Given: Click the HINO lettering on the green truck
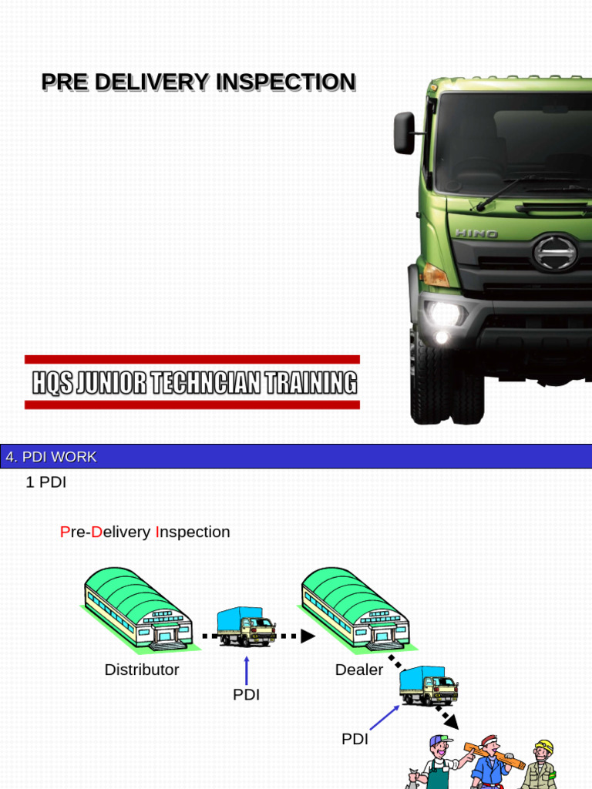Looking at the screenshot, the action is click(x=476, y=233).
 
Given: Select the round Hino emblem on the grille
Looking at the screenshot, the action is click(x=555, y=252).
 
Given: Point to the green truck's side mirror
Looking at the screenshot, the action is click(x=405, y=133).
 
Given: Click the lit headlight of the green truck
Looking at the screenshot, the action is click(x=445, y=313).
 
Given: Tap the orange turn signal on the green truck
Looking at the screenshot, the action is click(x=435, y=275).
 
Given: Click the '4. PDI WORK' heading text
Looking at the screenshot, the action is click(x=51, y=457).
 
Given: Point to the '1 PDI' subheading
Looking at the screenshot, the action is click(x=46, y=483).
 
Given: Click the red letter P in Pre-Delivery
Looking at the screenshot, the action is click(x=65, y=532).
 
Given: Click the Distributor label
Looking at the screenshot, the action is click(x=142, y=670).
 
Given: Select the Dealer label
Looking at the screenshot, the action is click(x=359, y=670).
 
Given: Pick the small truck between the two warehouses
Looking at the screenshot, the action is click(x=246, y=626).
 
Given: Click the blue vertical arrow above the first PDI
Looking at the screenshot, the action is click(x=247, y=670).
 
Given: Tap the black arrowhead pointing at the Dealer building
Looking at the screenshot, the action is click(x=308, y=636).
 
